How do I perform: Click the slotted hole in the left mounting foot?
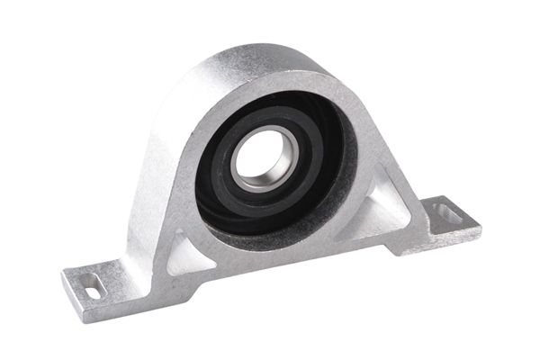92,286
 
